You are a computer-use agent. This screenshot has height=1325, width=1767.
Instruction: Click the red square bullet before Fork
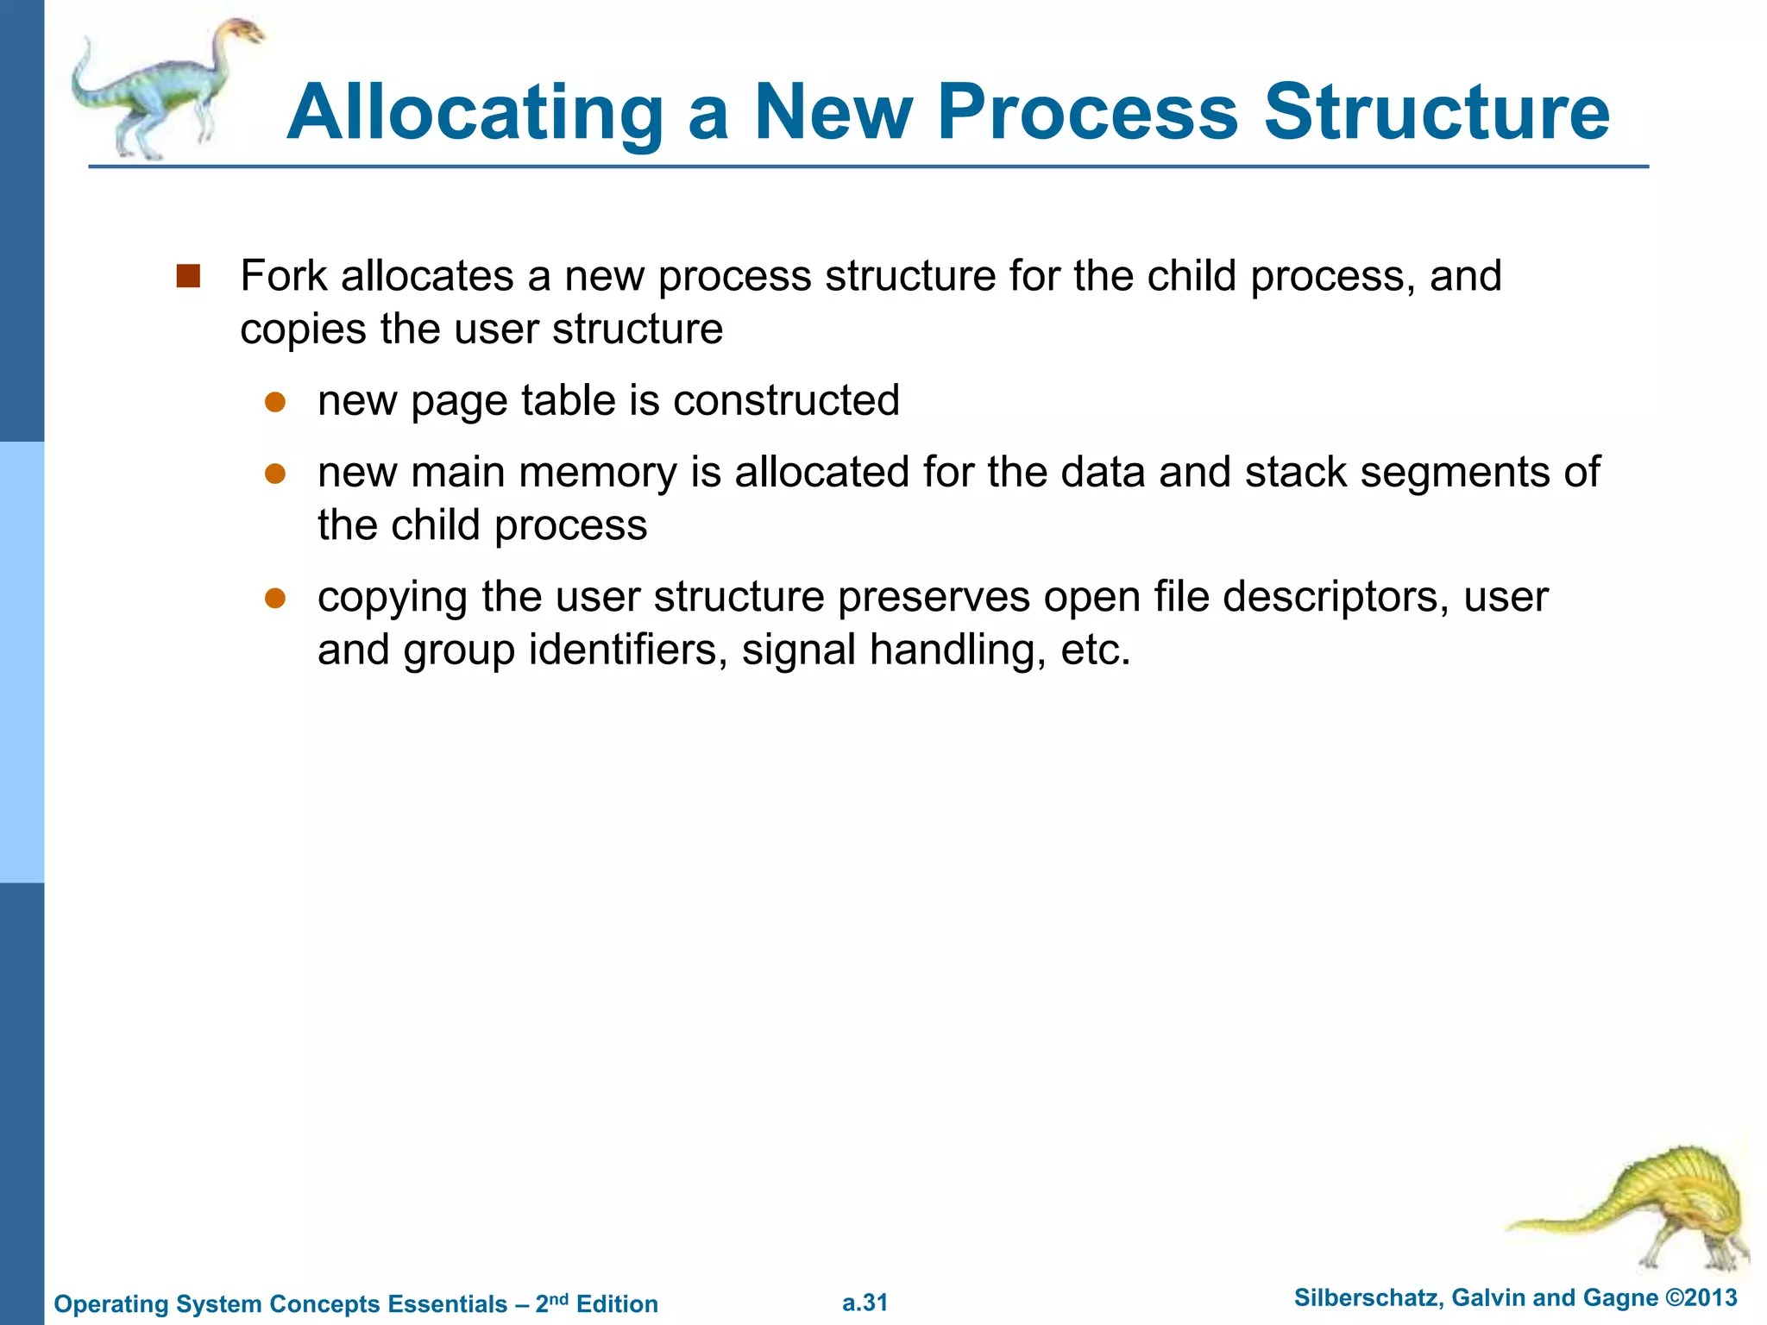coord(188,276)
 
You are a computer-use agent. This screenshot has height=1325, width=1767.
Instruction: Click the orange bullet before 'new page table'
coord(275,402)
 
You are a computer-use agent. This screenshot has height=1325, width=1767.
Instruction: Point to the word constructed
coord(786,401)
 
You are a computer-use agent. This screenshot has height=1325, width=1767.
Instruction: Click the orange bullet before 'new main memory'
coord(275,474)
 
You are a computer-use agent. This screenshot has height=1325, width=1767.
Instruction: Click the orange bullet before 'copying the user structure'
coord(275,598)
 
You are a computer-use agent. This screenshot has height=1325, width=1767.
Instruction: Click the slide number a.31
coord(865,1303)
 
